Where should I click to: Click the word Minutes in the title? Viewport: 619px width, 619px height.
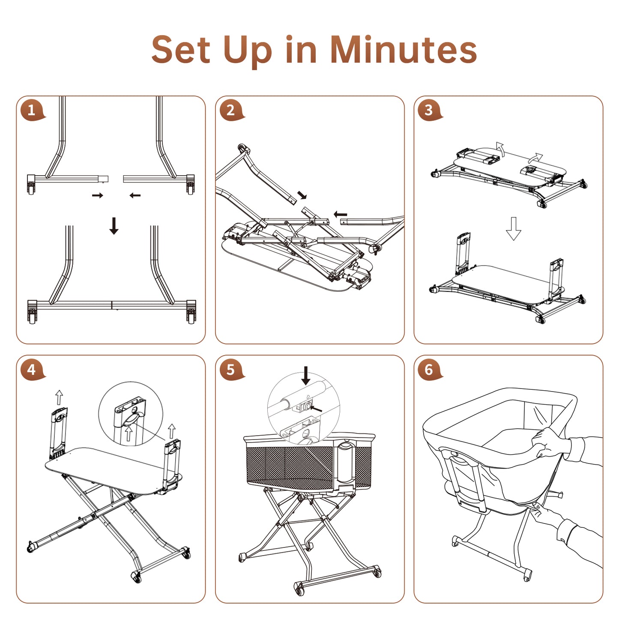tap(404, 50)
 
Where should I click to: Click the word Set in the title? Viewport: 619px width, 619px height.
tap(181, 50)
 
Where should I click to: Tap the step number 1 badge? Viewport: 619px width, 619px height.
tap(33, 110)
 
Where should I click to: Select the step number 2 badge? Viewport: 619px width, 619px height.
tap(232, 110)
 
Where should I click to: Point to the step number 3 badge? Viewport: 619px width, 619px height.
tap(430, 110)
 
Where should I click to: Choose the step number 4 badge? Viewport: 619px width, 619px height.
tap(33, 370)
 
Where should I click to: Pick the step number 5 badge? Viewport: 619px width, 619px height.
tap(232, 370)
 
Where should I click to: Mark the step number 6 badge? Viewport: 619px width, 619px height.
tap(430, 370)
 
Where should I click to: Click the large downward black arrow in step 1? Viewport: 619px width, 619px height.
tap(114, 225)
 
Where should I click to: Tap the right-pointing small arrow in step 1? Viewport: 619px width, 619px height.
tap(98, 195)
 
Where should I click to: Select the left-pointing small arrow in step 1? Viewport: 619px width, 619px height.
tap(135, 195)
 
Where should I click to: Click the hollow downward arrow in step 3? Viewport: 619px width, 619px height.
tap(513, 228)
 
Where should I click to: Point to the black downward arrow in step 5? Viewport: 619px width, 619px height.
tap(306, 376)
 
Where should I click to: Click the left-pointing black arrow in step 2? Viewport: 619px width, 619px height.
tap(341, 214)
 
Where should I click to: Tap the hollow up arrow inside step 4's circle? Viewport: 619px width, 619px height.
tap(129, 434)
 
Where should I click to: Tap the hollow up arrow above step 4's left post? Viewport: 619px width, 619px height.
tap(59, 398)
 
